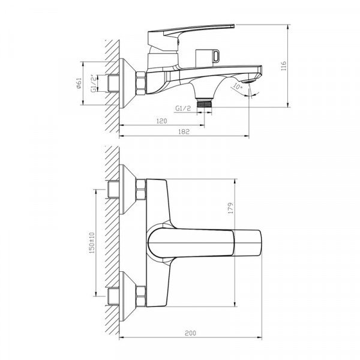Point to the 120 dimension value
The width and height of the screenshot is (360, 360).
pos(161,122)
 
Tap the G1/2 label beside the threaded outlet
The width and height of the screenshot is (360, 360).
pos(183,108)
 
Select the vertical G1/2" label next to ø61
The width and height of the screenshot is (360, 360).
pos(93,82)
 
